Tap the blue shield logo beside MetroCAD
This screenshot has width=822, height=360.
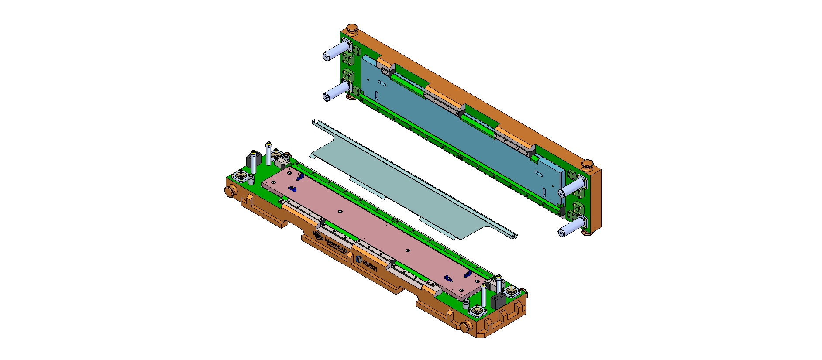[x=359, y=260]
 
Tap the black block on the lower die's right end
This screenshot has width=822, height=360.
[x=498, y=301]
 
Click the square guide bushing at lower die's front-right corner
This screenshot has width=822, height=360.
[x=477, y=311]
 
